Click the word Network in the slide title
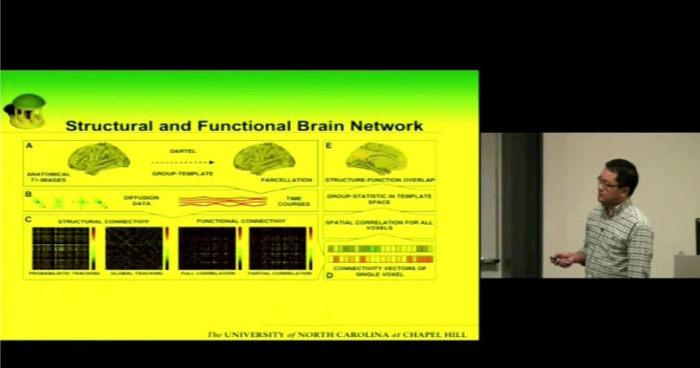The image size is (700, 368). click(x=389, y=126)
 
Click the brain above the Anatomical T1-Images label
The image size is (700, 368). click(x=99, y=158)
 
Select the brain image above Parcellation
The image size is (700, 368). click(x=264, y=158)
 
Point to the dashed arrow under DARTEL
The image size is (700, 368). click(x=182, y=162)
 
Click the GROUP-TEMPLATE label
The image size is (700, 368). click(x=182, y=173)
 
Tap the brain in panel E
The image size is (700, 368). click(x=376, y=158)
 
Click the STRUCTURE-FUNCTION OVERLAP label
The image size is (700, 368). click(x=379, y=180)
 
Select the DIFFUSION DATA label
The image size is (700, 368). click(x=141, y=201)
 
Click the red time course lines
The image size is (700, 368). click(x=223, y=201)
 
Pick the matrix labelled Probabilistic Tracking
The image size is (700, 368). click(x=61, y=248)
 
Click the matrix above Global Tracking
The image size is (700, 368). click(x=134, y=248)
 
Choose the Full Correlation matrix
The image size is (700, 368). click(x=207, y=248)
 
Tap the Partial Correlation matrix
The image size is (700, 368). click(x=278, y=248)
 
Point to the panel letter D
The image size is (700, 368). click(x=329, y=276)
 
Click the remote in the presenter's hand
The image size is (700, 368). click(x=556, y=259)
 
